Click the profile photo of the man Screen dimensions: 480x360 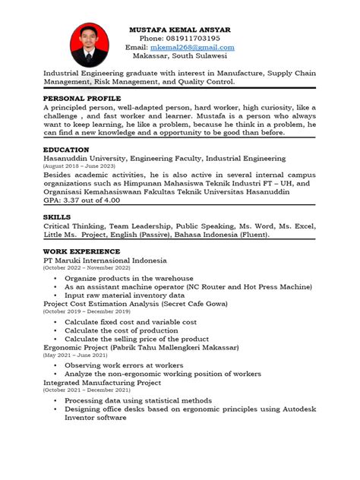pyautogui.click(x=89, y=44)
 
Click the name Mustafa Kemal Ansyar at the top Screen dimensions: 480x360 pyautogui.click(x=180, y=29)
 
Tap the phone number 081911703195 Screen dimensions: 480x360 pyautogui.click(x=180, y=38)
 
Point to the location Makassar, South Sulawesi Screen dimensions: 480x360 pyautogui.click(x=180, y=56)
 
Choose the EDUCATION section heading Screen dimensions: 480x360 pyautogui.click(x=66, y=150)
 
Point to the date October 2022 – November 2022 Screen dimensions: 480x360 pyautogui.click(x=87, y=268)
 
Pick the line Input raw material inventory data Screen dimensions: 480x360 pyautogui.click(x=125, y=295)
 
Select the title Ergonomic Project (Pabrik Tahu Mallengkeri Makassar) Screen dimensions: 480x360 pyautogui.click(x=141, y=347)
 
